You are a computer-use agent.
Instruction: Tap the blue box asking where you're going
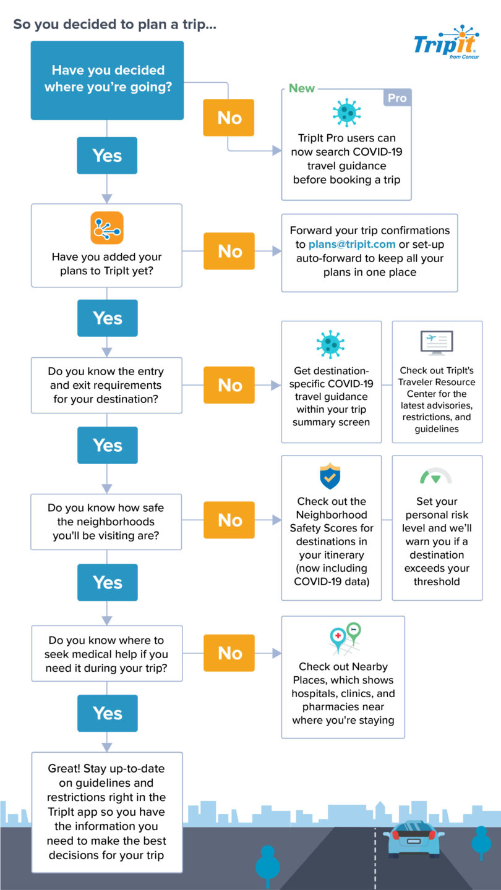coord(108,80)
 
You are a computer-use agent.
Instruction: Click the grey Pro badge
coord(397,98)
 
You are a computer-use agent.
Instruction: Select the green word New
coord(302,88)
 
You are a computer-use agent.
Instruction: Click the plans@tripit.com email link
coord(352,244)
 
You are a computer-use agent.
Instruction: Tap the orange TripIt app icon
coord(107,228)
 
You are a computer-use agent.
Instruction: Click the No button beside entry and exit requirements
coord(229,385)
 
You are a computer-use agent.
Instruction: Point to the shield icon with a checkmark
coord(330,476)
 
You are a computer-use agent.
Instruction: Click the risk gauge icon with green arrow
coord(436,477)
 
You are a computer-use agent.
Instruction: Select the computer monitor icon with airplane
coord(436,344)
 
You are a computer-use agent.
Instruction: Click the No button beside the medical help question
coord(229,653)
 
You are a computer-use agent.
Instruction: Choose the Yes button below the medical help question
coord(108,713)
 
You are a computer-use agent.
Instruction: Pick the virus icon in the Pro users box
coord(346,112)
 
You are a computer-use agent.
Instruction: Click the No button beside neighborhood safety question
coord(229,520)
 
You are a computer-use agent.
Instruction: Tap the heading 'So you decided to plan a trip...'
coord(115,25)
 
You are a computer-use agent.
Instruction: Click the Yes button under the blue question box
coord(107,155)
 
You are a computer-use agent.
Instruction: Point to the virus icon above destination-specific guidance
coord(330,344)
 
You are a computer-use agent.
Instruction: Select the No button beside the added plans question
coord(229,251)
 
